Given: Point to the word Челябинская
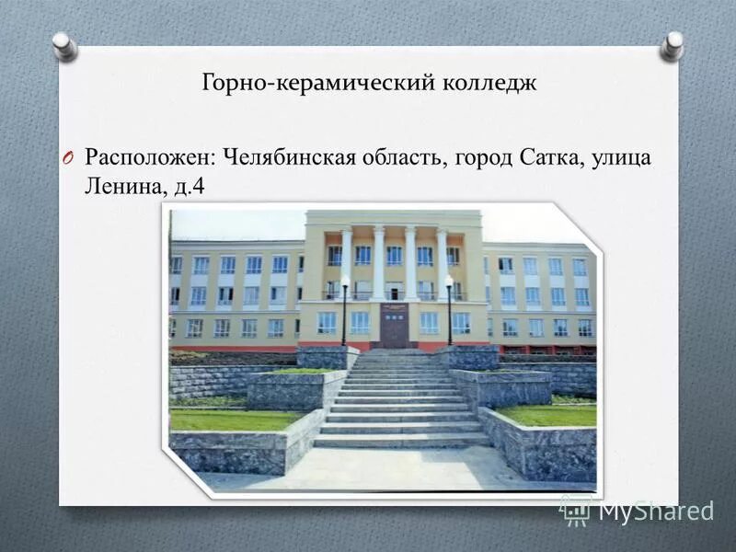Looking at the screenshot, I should pyautogui.click(x=292, y=157).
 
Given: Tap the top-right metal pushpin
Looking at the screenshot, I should pyautogui.click(x=673, y=44).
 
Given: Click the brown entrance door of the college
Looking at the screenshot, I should pyautogui.click(x=395, y=326).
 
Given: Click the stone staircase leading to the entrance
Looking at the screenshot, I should pyautogui.click(x=400, y=405).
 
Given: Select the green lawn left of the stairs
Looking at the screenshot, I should pyautogui.click(x=235, y=420).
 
